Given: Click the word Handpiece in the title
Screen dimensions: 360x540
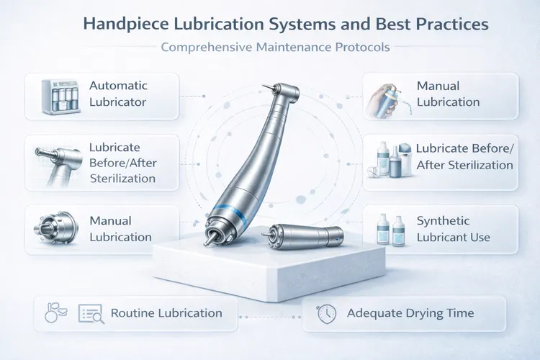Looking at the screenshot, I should click(125, 24).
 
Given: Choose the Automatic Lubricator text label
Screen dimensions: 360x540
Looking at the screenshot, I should click(117, 94).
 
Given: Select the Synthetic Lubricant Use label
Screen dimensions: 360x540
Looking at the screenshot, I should click(453, 229).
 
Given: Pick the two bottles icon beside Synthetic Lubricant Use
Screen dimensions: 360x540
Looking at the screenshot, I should click(392, 230).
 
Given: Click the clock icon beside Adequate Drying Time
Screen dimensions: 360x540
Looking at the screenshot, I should click(326, 313).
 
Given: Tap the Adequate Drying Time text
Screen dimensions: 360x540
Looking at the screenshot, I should click(410, 313).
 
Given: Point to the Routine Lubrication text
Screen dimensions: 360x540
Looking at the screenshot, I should click(166, 313).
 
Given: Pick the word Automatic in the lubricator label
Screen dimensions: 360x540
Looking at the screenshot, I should click(118, 86).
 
